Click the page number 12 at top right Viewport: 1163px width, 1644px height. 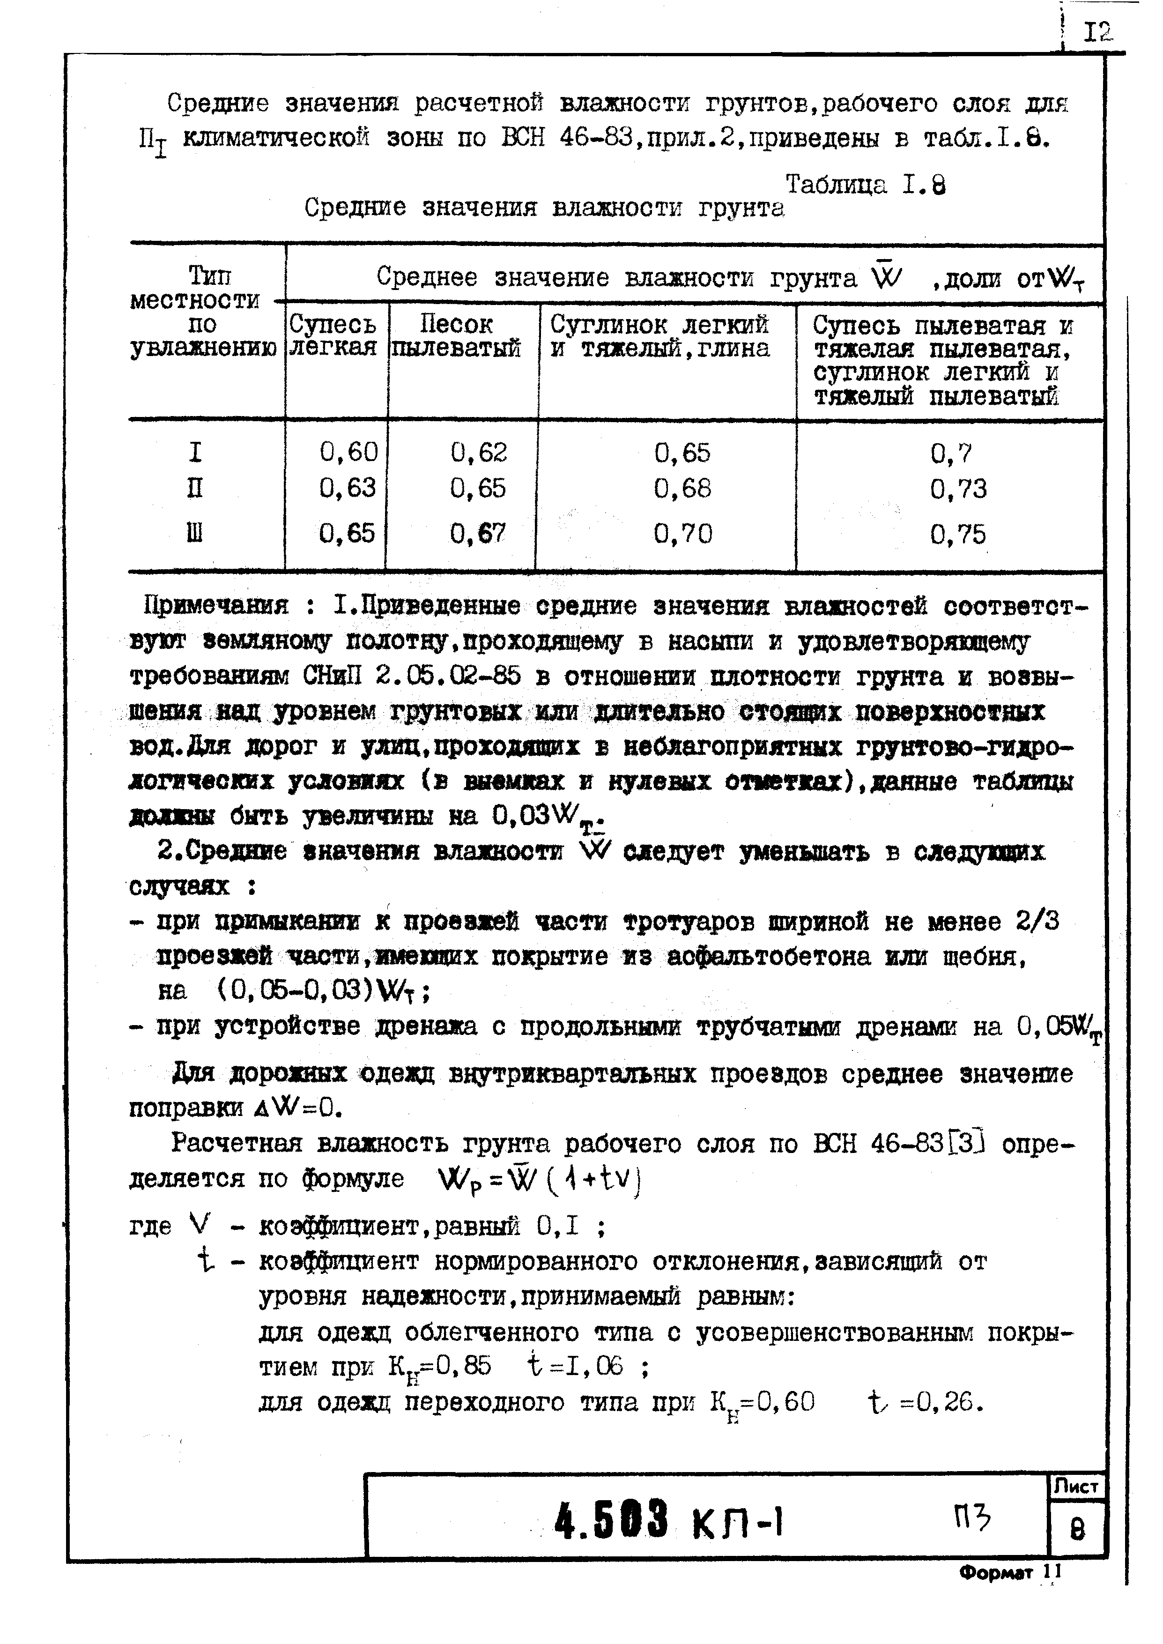click(1098, 31)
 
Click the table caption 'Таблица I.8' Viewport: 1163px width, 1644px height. click(865, 186)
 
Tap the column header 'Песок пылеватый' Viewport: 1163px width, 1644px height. click(456, 336)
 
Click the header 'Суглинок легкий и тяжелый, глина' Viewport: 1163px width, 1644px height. click(659, 336)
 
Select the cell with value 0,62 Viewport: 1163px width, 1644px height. click(478, 452)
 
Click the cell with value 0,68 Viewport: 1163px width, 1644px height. click(682, 489)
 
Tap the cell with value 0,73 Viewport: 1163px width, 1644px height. click(958, 489)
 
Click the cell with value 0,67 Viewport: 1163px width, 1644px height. click(478, 534)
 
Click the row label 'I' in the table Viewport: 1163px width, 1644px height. click(195, 453)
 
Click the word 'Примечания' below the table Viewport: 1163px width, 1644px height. click(215, 606)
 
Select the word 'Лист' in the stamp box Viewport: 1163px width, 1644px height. click(1075, 1487)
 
